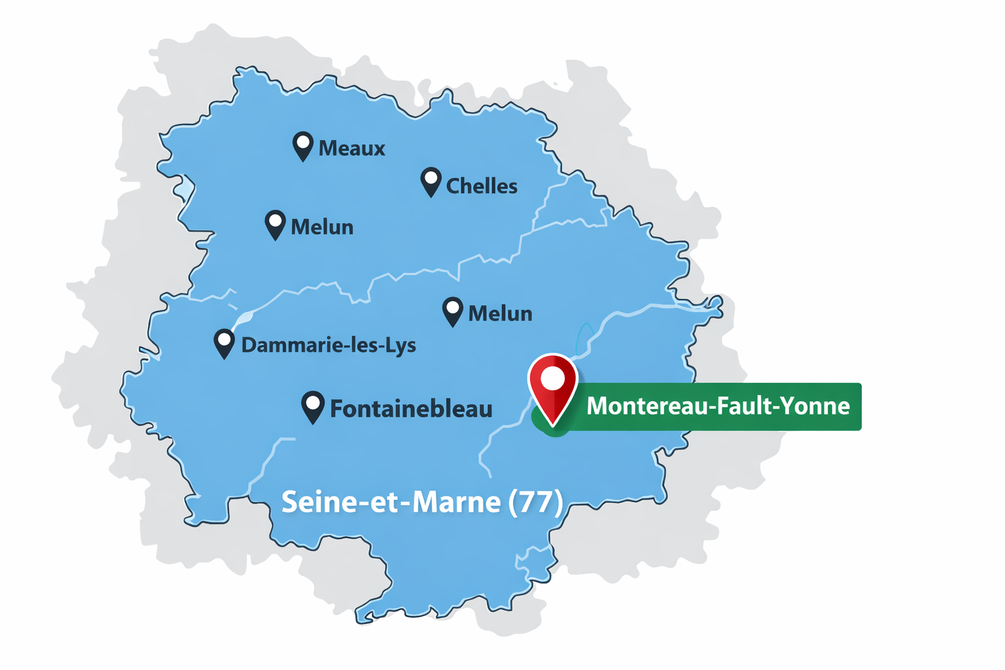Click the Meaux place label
[x=351, y=149]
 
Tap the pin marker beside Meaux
[x=302, y=145]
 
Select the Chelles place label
[x=482, y=186]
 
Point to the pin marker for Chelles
[x=431, y=181]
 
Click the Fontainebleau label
[x=411, y=409]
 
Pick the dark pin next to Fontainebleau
[x=313, y=406]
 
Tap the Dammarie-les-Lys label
[x=328, y=345]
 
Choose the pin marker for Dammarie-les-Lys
[x=224, y=344]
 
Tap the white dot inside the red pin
[x=553, y=379]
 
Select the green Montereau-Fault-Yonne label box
[x=717, y=406]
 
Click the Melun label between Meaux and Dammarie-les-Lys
[x=322, y=228]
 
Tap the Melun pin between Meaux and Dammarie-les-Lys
[x=275, y=224]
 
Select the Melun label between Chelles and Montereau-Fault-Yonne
[x=500, y=314]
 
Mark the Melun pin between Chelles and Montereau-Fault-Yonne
[x=453, y=311]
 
